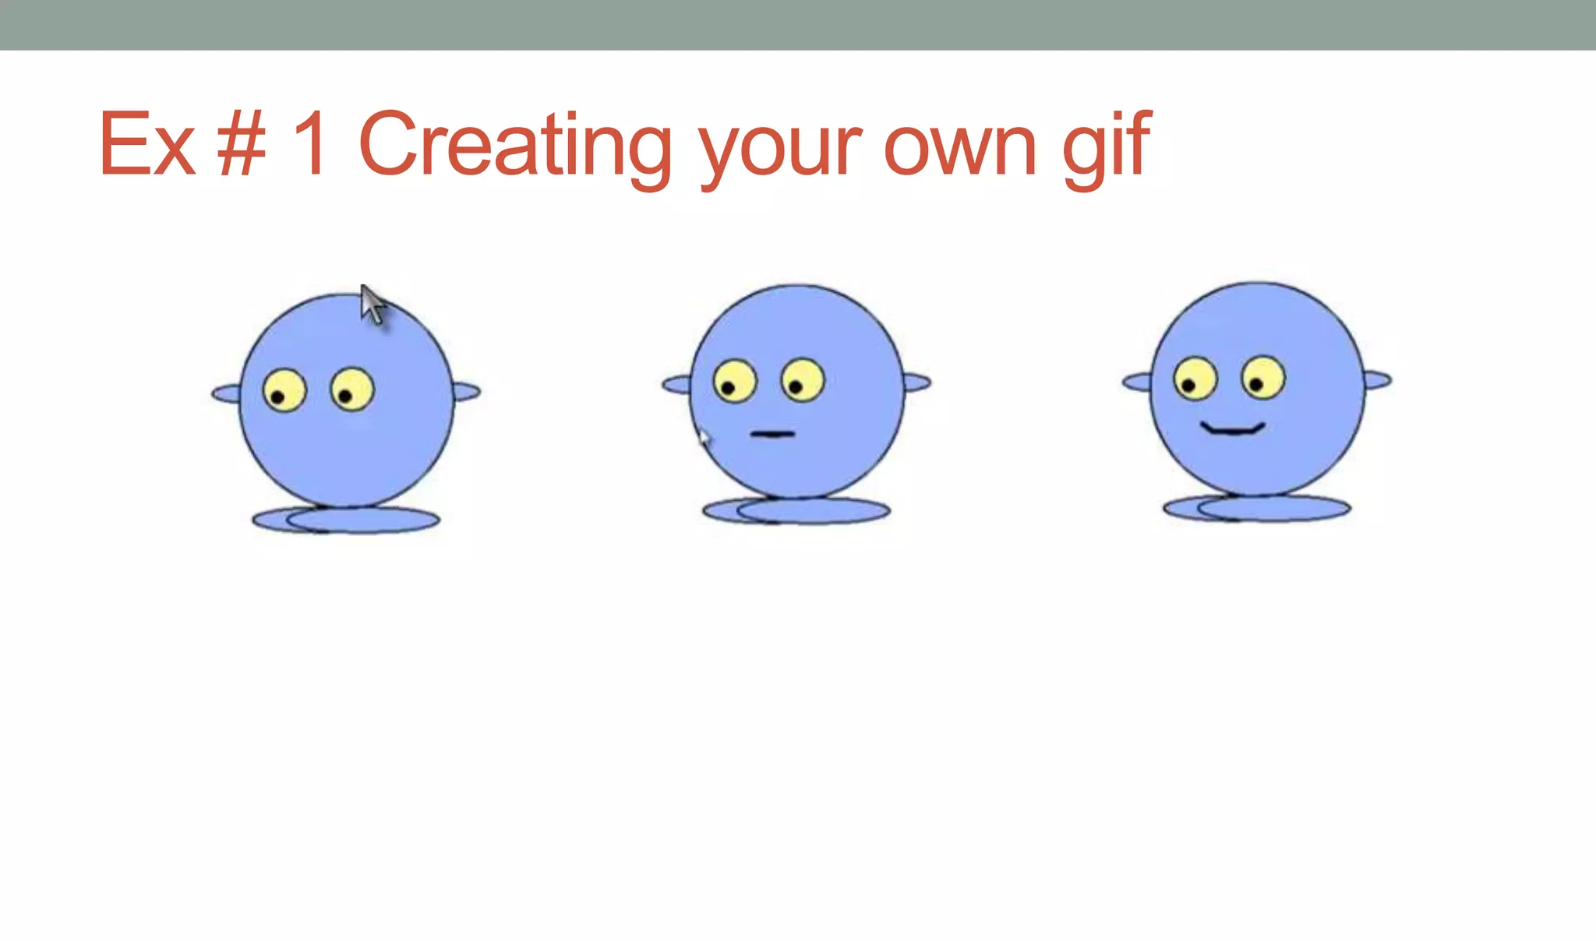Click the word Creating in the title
(514, 144)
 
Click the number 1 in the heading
(311, 144)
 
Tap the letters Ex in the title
(147, 144)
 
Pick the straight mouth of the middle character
(772, 434)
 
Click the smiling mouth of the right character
(1232, 429)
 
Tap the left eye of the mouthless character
(284, 390)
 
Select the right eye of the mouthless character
(352, 389)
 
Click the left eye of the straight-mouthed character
(735, 381)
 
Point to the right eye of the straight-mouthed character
(803, 380)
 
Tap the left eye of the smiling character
(1195, 379)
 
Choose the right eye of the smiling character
(1263, 378)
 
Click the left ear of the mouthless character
(227, 393)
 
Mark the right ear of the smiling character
(1377, 380)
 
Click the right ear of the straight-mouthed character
(916, 382)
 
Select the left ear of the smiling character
(1137, 382)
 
